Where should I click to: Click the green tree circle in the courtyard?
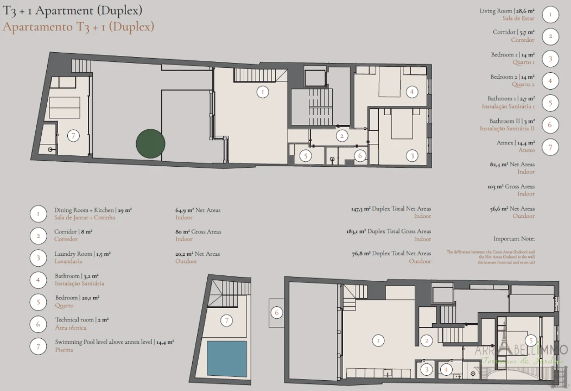pyautogui.click(x=150, y=143)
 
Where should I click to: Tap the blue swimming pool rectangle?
pyautogui.click(x=227, y=358)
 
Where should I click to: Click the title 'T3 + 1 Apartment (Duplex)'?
pyautogui.click(x=73, y=10)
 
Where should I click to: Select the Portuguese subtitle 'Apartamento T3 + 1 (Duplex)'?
pyautogui.click(x=78, y=27)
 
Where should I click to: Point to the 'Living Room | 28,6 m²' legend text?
pyautogui.click(x=507, y=11)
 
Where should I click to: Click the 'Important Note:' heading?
pyautogui.click(x=514, y=238)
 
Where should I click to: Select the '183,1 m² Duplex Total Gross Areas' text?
pyautogui.click(x=389, y=231)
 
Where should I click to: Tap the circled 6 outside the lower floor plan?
pyautogui.click(x=277, y=313)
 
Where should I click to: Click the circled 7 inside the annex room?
pyautogui.click(x=73, y=136)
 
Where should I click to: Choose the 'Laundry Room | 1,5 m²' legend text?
pyautogui.click(x=83, y=254)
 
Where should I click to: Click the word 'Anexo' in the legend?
pyautogui.click(x=526, y=150)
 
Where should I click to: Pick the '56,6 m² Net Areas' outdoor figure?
pyautogui.click(x=512, y=209)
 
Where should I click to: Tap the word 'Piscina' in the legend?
pyautogui.click(x=64, y=350)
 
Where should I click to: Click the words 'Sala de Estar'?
pyautogui.click(x=518, y=18)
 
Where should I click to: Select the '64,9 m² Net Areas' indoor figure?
pyautogui.click(x=198, y=210)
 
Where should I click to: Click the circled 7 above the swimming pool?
pyautogui.click(x=226, y=320)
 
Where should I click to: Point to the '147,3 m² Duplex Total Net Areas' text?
pyautogui.click(x=391, y=209)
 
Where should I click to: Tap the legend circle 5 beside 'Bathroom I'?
pyautogui.click(x=550, y=102)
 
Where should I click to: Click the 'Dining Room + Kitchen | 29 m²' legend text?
pyautogui.click(x=93, y=210)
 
